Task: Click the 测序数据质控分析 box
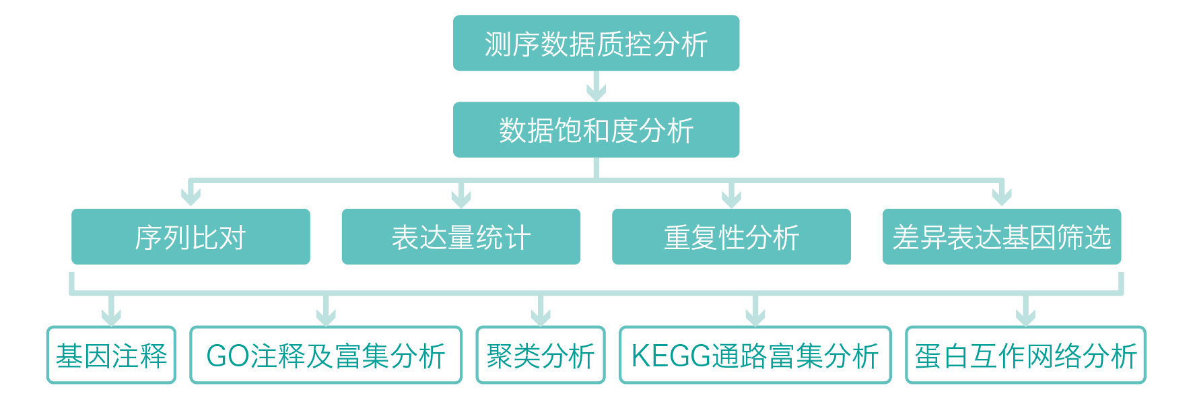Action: coord(596,43)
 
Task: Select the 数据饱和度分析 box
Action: coord(596,129)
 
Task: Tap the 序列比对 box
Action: coord(191,236)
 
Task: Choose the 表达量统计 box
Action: coord(461,236)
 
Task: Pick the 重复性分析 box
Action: coord(731,236)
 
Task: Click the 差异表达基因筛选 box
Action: coord(1002,236)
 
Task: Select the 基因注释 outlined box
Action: coord(111,355)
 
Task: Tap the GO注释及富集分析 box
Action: coord(326,355)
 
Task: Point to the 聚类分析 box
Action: coord(541,355)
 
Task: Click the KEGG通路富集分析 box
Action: coord(755,355)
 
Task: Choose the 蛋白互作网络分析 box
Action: coord(1025,355)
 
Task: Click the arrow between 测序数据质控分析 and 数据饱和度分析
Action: coord(596,88)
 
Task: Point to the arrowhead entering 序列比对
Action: coord(191,197)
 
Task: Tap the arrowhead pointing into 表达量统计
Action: coord(461,197)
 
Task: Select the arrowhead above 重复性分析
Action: coord(731,197)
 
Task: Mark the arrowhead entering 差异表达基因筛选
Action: coord(1002,197)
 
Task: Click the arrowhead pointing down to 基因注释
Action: coord(112,315)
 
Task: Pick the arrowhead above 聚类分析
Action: coord(541,315)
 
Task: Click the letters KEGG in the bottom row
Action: coord(671,356)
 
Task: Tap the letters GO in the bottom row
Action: coord(228,356)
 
